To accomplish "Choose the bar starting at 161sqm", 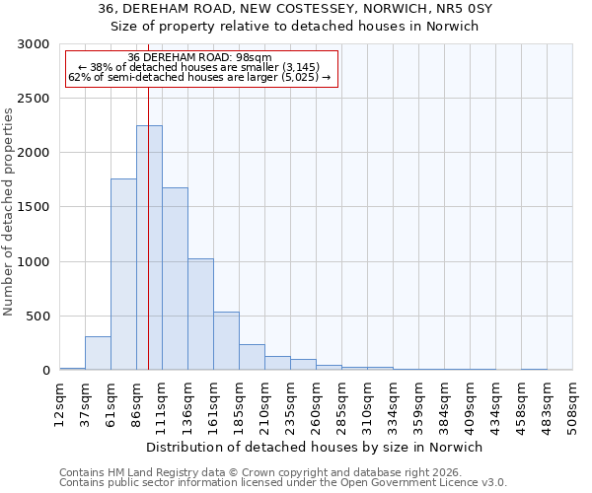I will (226, 341).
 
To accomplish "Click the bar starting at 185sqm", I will (252, 357).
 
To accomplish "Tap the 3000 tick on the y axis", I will (34, 44).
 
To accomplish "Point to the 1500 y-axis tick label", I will (34, 208).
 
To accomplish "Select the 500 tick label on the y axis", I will (37, 317).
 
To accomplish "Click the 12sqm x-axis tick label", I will (59, 402).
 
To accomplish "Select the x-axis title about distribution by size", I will (314, 447).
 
